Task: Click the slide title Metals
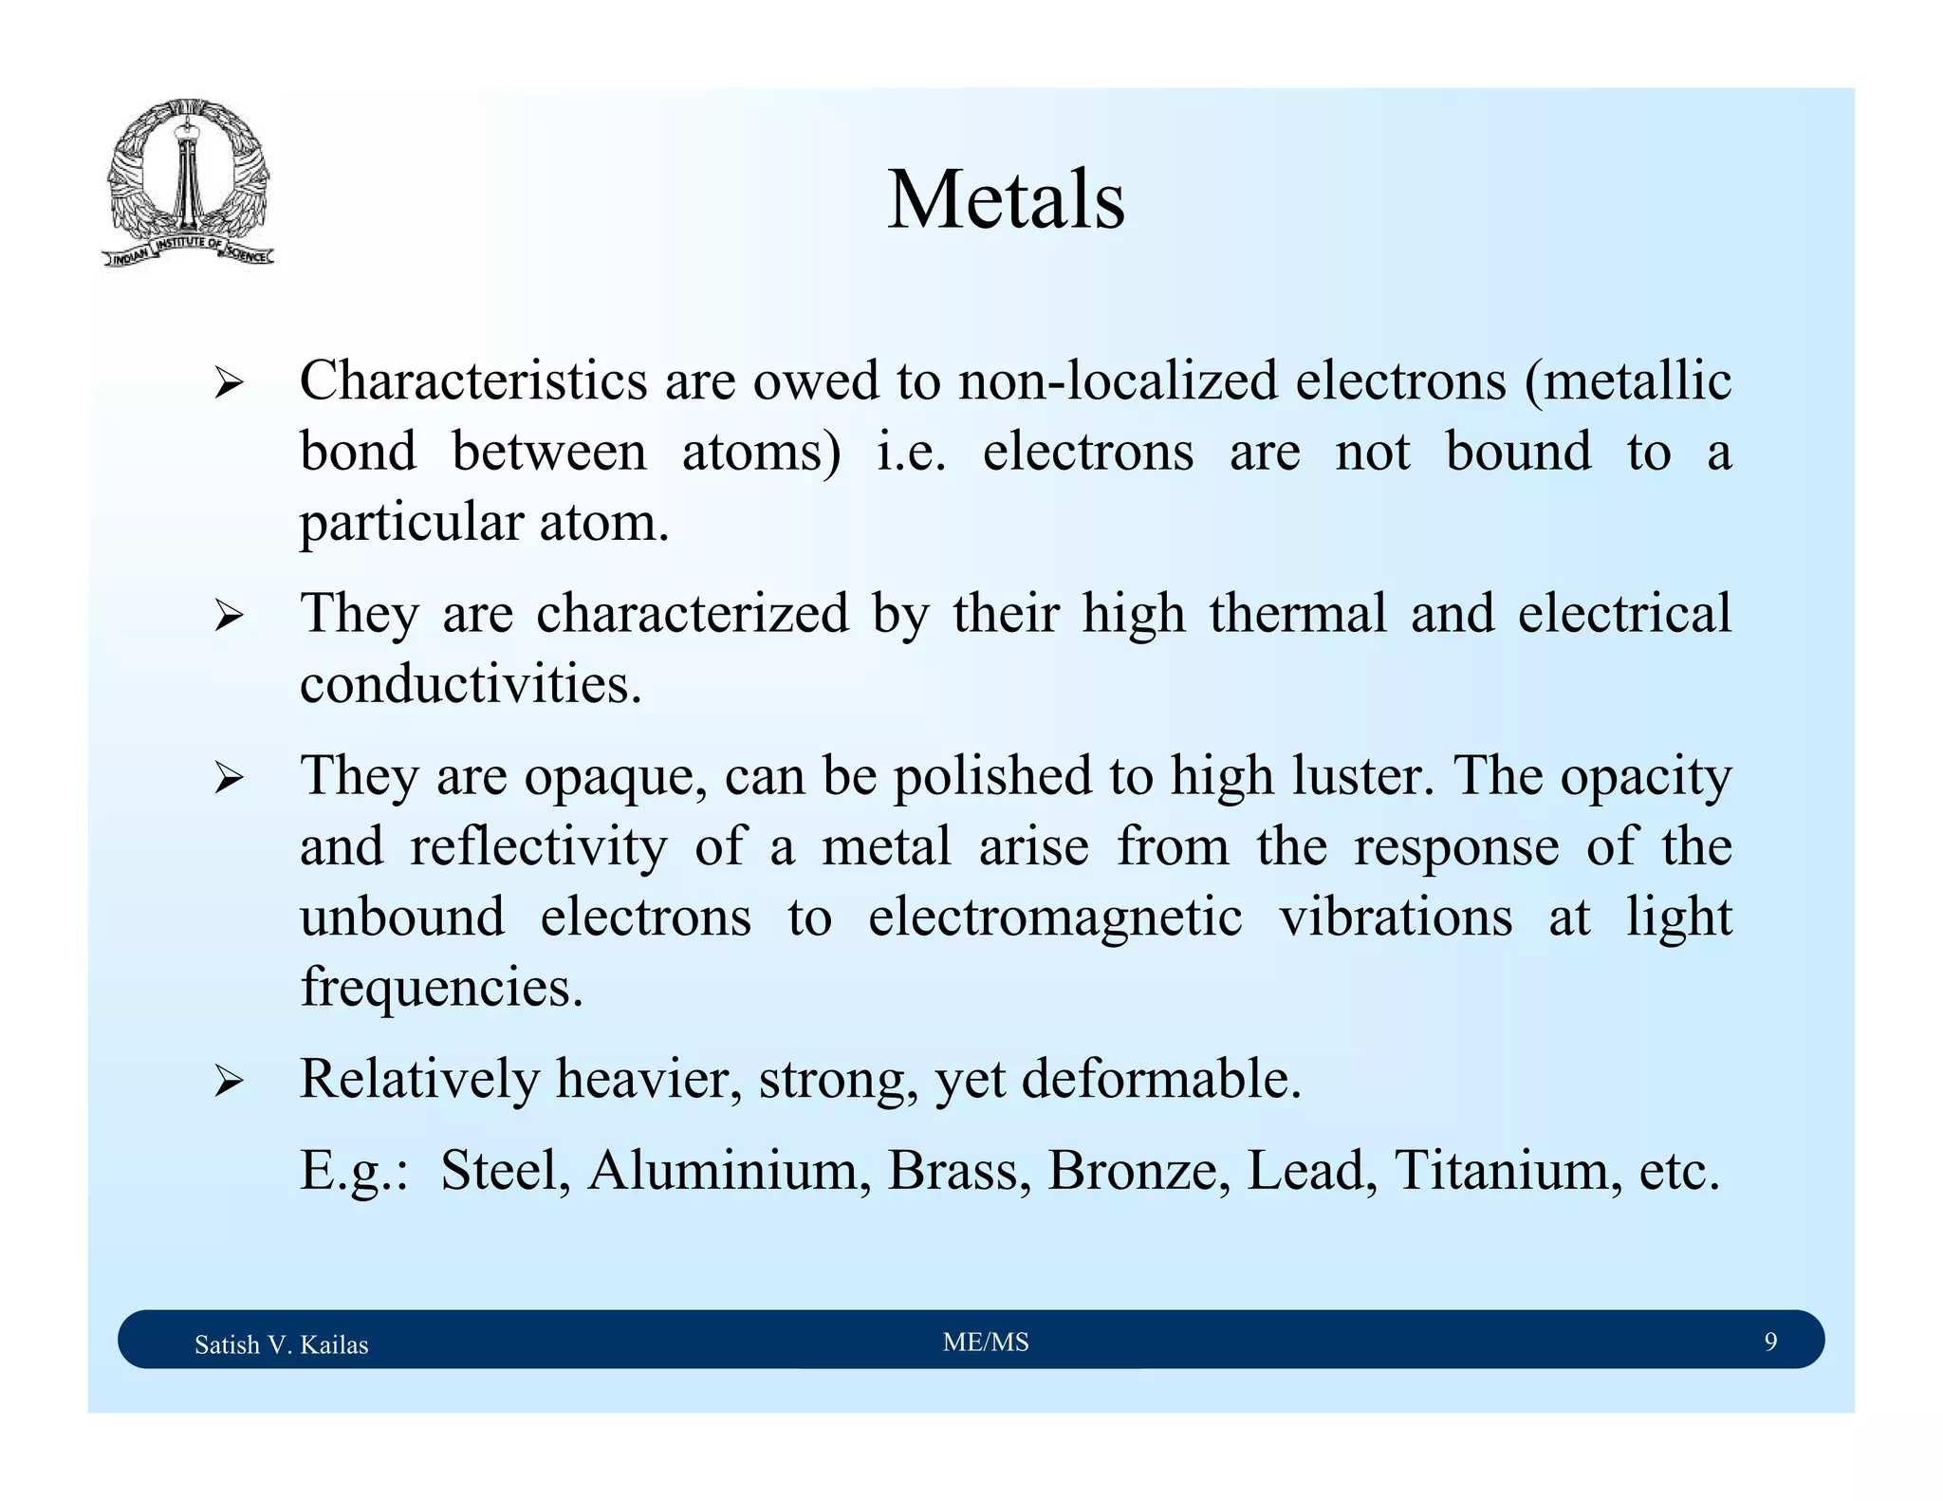click(1006, 200)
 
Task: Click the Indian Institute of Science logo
click(188, 183)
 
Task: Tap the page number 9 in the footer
click(1770, 1342)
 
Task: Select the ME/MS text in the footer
click(986, 1342)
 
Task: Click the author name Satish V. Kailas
click(281, 1344)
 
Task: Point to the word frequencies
click(441, 988)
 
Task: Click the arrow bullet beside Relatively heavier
click(229, 1081)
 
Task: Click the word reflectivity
click(538, 846)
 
